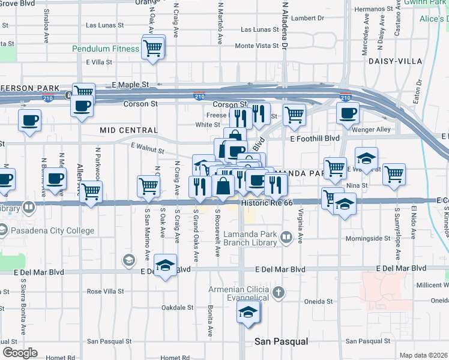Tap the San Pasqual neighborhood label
coord(282,341)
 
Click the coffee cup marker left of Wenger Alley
coord(347,113)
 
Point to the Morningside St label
coord(368,239)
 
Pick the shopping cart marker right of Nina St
coord(394,175)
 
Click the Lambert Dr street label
coord(307,18)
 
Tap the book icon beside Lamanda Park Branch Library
coord(287,239)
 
